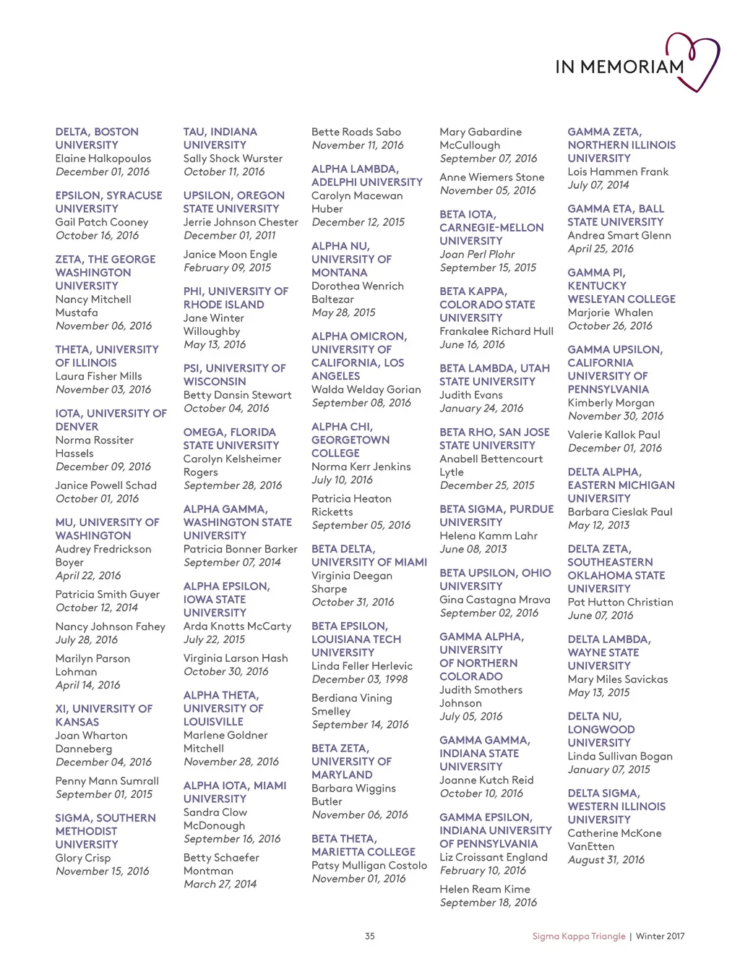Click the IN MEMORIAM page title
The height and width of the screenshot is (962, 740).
619,67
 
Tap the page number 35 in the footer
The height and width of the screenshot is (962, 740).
369,936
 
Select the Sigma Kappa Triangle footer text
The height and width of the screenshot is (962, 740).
578,936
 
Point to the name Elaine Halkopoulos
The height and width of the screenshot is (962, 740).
103,158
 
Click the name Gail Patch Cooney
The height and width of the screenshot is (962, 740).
102,222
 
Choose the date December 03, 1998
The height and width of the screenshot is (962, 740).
359,679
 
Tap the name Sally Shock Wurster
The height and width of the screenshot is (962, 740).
233,158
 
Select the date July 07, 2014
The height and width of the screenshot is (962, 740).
598,185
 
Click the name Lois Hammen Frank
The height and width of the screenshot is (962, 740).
618,171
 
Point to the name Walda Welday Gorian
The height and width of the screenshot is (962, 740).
366,389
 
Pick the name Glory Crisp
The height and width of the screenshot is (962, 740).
83,858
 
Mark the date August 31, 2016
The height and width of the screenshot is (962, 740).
606,860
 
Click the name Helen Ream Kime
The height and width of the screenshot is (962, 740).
484,889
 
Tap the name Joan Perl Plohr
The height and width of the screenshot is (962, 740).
477,254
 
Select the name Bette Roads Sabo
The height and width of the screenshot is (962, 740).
356,132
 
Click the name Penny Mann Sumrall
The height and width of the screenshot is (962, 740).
107,781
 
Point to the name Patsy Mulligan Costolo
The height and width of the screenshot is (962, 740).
369,865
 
